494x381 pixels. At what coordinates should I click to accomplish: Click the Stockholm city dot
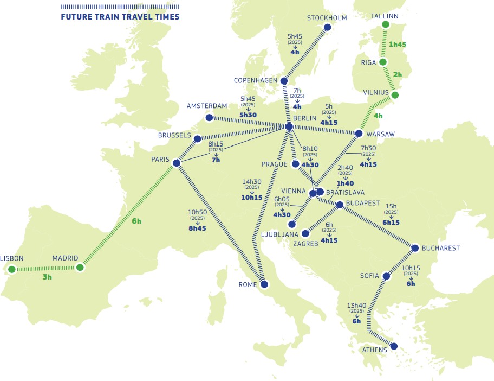coord(327,27)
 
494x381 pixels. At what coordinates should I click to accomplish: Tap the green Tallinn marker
coord(385,24)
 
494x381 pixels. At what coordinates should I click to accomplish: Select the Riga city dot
coord(383,62)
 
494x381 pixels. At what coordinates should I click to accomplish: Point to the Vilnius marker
coord(395,96)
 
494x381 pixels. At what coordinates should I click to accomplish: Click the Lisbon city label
coord(12,258)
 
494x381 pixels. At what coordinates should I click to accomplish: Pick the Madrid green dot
coord(80,267)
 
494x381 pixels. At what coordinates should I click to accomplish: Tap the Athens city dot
coord(394,346)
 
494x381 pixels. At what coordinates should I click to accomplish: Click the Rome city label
coord(249,284)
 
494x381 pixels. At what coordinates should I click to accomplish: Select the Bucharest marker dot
coord(415,249)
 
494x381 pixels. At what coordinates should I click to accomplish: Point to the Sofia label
coord(369,276)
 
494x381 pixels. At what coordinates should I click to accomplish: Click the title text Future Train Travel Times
coord(120,17)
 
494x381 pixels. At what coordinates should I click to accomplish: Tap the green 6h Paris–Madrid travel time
coord(136,221)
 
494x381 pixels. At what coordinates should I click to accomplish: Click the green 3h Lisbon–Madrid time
coord(47,276)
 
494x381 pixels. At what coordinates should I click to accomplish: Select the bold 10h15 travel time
coord(251,197)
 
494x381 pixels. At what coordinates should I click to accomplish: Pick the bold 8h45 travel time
coord(197,228)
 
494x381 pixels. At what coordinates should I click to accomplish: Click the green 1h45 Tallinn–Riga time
coord(398,44)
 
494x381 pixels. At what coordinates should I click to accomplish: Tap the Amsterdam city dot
coord(210,117)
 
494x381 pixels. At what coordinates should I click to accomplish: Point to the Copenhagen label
coord(255,80)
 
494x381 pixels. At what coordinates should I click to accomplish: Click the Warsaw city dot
coord(359,133)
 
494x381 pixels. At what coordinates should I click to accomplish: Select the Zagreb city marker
coord(305,234)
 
